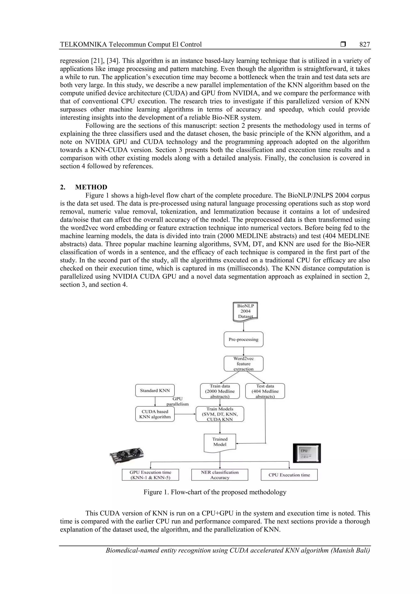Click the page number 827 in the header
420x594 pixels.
coord(364,44)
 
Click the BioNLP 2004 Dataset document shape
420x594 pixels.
coord(245,311)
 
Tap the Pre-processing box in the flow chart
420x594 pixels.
coord(243,339)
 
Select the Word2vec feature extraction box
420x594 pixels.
coord(243,364)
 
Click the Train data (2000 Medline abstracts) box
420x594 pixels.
coord(220,391)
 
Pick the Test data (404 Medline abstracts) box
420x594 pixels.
coord(265,391)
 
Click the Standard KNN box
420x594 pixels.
coord(155,391)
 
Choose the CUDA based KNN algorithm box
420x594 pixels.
coord(155,414)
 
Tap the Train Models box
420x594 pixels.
coord(220,414)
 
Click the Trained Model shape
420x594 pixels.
coord(220,442)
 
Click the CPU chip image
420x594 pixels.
coord(307,453)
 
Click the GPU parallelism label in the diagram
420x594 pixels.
coord(178,401)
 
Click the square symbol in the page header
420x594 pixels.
coord(343,44)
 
